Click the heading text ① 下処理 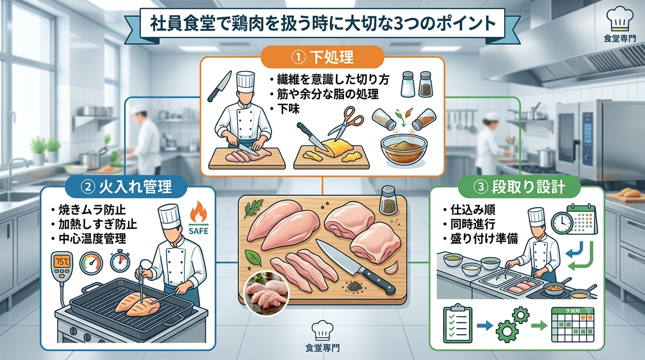point(322,57)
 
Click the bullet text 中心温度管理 point(92,239)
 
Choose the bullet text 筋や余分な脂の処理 point(328,94)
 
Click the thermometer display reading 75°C point(62,262)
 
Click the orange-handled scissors point(346,123)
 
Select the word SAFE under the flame point(198,231)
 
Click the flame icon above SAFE point(199,212)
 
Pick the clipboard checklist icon point(457,324)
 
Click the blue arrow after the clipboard point(485,326)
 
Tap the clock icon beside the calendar point(562,223)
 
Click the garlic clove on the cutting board point(392,268)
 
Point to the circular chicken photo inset point(266,294)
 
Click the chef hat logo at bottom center point(322,330)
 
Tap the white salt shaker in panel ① point(408,84)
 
